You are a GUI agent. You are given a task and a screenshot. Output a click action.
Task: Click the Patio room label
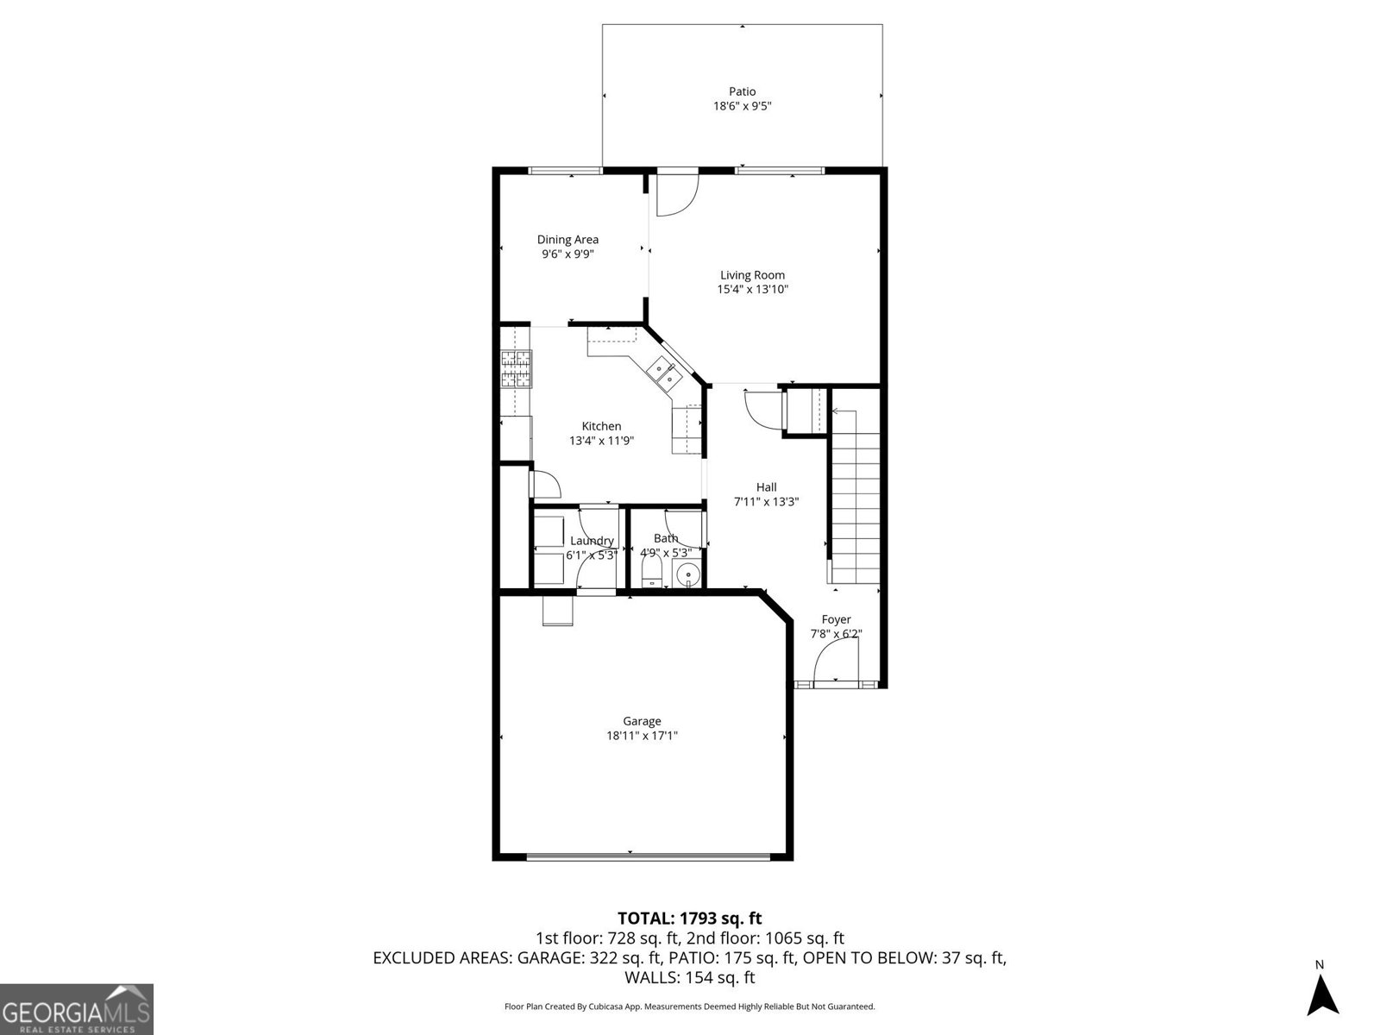[x=742, y=91]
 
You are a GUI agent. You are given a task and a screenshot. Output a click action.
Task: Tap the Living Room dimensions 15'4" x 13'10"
[x=752, y=290]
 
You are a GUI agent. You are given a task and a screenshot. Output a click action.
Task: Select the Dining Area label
[x=568, y=240]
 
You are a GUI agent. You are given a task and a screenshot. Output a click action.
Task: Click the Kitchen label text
[x=601, y=426]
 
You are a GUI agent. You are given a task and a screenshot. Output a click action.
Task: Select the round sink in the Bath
[x=688, y=574]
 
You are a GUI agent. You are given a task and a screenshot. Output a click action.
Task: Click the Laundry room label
[x=592, y=541]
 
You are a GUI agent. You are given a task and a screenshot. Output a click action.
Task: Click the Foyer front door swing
[x=835, y=662]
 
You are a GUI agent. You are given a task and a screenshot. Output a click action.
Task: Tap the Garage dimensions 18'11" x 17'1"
[x=642, y=736]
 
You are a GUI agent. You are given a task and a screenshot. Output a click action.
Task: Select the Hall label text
[x=766, y=487]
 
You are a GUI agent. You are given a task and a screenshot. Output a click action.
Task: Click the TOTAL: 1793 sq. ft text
[x=689, y=919]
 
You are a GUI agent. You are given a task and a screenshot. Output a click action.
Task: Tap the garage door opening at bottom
[x=647, y=856]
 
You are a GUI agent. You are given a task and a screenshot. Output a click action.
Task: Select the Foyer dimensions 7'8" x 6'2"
[x=836, y=634]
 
